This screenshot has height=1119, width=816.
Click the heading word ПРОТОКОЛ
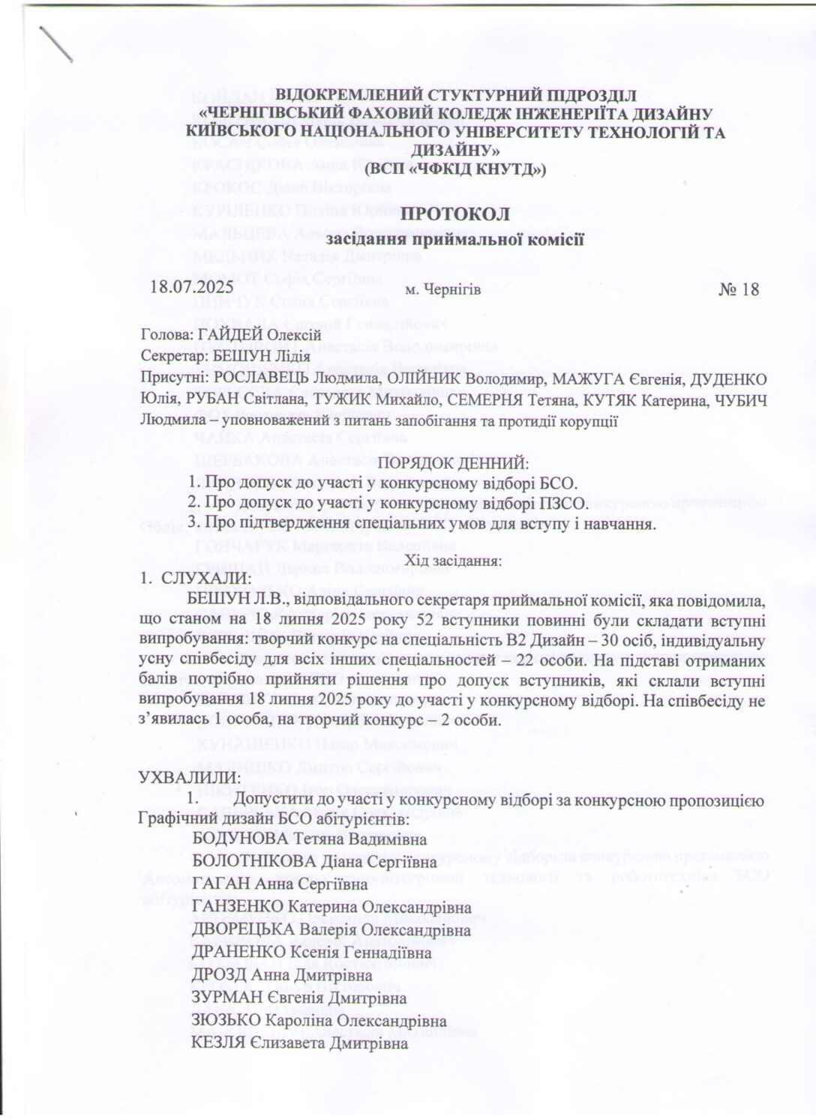(x=457, y=214)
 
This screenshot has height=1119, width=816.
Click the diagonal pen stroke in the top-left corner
(x=56, y=43)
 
